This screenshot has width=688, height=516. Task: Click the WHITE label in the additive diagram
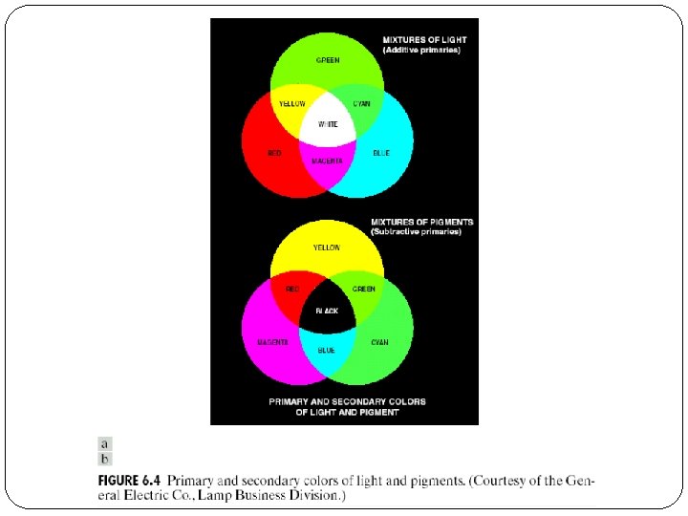[327, 124]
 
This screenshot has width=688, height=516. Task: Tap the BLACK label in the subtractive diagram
[327, 311]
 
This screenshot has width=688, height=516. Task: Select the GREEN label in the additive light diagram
[327, 60]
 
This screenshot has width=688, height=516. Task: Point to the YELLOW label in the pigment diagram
[327, 247]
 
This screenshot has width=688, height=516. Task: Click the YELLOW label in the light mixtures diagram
[292, 102]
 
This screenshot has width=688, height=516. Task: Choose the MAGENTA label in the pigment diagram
[273, 341]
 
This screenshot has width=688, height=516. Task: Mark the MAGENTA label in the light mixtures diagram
[327, 161]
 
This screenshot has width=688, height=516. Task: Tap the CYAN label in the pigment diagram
[379, 341]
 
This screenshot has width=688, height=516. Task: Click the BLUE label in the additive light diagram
[381, 153]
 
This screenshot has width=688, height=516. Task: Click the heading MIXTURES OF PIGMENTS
[421, 222]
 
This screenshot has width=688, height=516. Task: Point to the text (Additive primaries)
[421, 50]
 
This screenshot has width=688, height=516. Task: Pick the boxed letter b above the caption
[105, 458]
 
